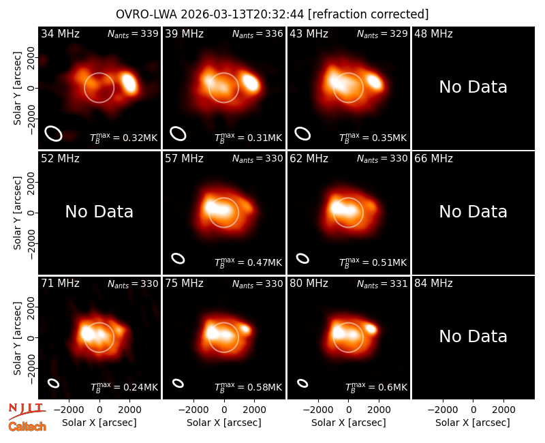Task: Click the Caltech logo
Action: pyautogui.click(x=27, y=427)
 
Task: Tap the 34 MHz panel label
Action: pyautogui.click(x=60, y=33)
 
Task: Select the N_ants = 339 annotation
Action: pyautogui.click(x=133, y=33)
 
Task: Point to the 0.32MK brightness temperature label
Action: pyautogui.click(x=124, y=138)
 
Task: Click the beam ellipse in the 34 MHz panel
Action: pyautogui.click(x=54, y=134)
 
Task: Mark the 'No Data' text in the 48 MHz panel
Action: pyautogui.click(x=473, y=87)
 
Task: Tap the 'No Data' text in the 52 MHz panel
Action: pyautogui.click(x=99, y=212)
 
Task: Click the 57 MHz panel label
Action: pyautogui.click(x=184, y=159)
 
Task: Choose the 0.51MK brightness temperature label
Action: pyautogui.click(x=373, y=262)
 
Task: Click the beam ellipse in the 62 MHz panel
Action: pyautogui.click(x=302, y=258)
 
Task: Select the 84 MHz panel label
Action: pyautogui.click(x=433, y=284)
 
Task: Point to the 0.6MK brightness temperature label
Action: pyautogui.click(x=376, y=387)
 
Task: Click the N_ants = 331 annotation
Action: pyautogui.click(x=382, y=284)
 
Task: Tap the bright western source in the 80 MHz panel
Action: pyautogui.click(x=371, y=328)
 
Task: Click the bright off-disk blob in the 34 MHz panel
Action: pyautogui.click(x=129, y=82)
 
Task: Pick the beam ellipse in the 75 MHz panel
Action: pyautogui.click(x=178, y=383)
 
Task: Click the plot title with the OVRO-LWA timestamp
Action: pyautogui.click(x=272, y=14)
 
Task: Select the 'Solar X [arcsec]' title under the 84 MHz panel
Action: pyautogui.click(x=473, y=423)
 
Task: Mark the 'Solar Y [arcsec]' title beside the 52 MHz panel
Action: pyautogui.click(x=17, y=213)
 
